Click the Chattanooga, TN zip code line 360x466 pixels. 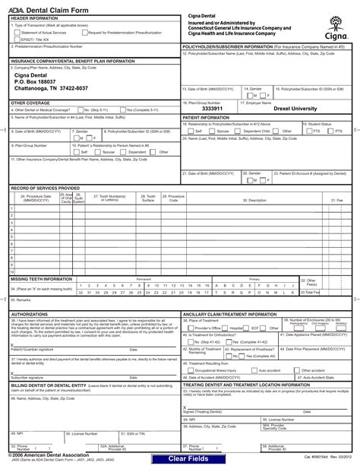[x=51, y=89]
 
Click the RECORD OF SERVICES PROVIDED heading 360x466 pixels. [x=45, y=187]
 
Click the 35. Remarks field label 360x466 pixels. [x=24, y=300]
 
